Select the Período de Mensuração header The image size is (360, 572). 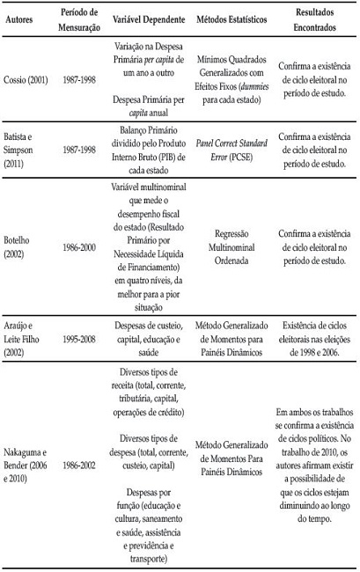pyautogui.click(x=80, y=18)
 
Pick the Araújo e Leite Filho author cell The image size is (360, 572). pyautogui.click(x=25, y=341)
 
